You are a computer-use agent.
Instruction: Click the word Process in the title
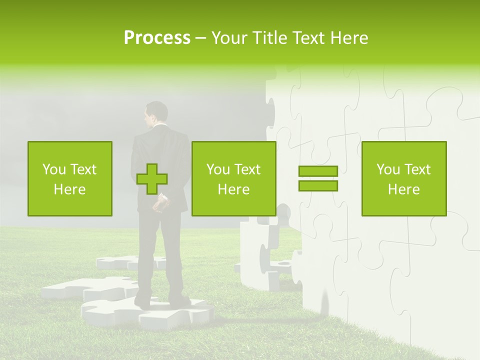[157, 38]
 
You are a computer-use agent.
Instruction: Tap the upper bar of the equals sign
[318, 171]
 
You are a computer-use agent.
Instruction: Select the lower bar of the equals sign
[318, 185]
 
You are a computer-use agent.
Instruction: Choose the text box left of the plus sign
[70, 178]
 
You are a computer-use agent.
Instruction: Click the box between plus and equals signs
[233, 178]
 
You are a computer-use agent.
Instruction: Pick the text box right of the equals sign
[404, 178]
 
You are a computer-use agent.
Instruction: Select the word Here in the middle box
[233, 189]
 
